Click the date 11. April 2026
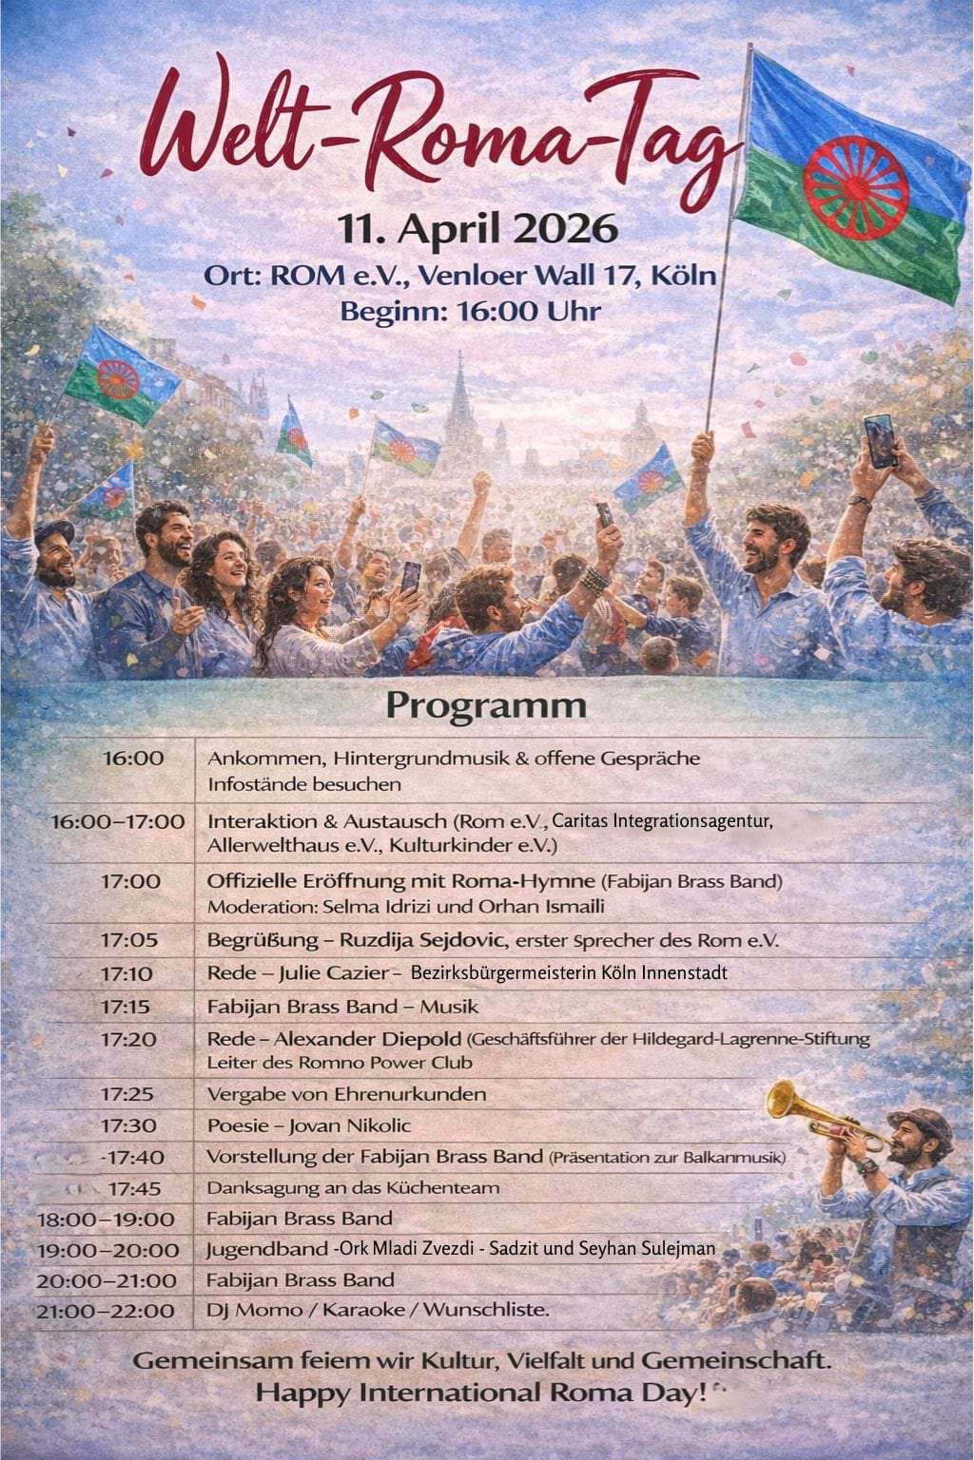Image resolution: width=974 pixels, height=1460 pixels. (x=478, y=229)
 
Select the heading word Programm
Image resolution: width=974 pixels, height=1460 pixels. (x=485, y=706)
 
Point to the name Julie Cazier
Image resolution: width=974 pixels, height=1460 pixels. (x=335, y=973)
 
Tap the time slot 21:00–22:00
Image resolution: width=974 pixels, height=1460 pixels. (x=106, y=1311)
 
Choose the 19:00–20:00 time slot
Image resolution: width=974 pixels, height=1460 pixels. (x=107, y=1250)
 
